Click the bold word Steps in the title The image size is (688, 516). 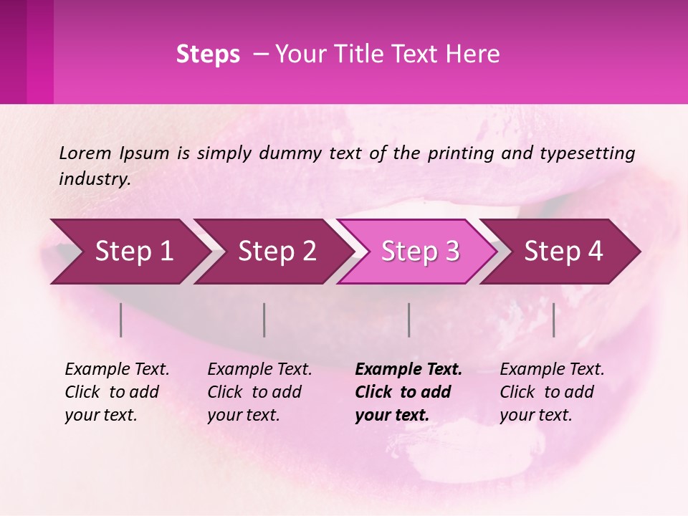(x=208, y=54)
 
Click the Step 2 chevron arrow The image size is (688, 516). (x=272, y=252)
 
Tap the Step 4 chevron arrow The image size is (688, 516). (x=563, y=252)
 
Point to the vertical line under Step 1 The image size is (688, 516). (x=121, y=320)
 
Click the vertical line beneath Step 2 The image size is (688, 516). (x=264, y=320)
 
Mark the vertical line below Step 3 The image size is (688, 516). (x=409, y=320)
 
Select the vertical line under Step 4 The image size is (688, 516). (x=554, y=320)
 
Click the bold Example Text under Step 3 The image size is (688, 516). (x=408, y=392)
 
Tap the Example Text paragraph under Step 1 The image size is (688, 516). (x=117, y=392)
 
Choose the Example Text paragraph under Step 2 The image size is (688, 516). (x=259, y=392)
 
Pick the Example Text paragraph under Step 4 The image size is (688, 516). (x=552, y=392)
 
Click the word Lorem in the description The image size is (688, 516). (x=85, y=153)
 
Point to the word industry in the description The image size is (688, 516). (x=95, y=179)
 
